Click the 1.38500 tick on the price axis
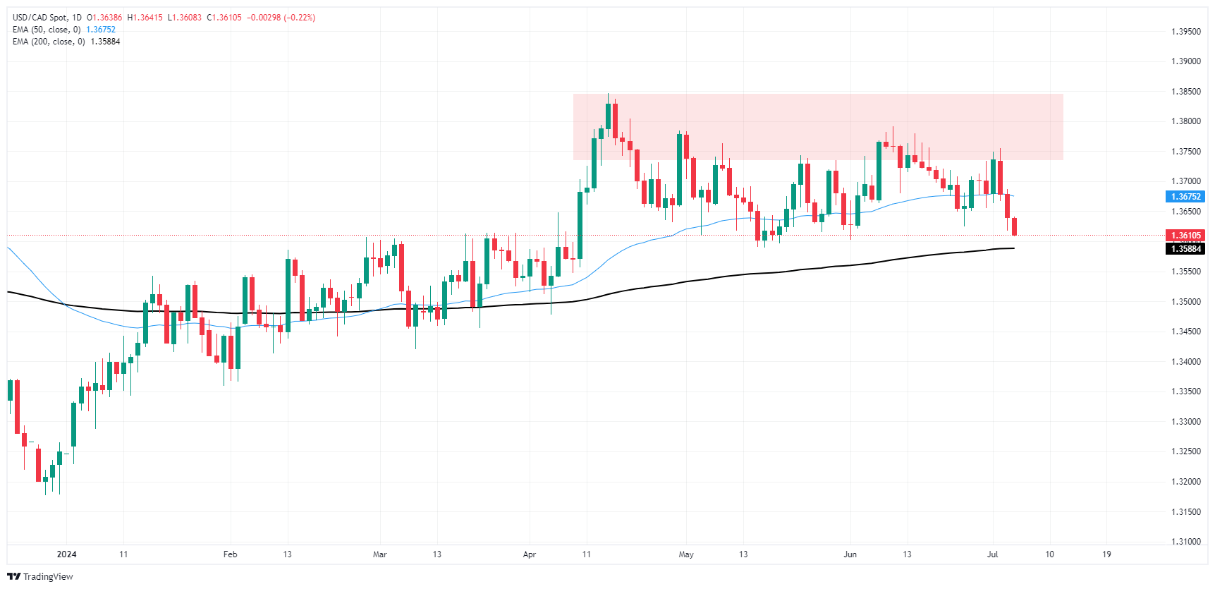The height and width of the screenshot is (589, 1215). tap(1185, 92)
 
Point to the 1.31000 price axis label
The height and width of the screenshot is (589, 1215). tap(1185, 542)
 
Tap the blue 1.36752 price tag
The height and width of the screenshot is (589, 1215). tap(1185, 197)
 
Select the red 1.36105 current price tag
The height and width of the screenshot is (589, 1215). tap(1185, 236)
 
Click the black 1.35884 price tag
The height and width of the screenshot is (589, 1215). tap(1185, 249)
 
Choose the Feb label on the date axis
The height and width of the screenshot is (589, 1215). tap(230, 554)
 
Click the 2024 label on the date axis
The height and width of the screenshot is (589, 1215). tap(66, 554)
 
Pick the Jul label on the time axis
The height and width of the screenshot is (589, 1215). tap(992, 554)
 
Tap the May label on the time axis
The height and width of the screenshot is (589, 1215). tap(686, 554)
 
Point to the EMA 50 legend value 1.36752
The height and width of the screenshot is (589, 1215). tap(101, 30)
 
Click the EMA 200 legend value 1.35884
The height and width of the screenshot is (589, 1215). tap(105, 42)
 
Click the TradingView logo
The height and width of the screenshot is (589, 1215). tap(40, 576)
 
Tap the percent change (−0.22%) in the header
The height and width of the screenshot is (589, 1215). tap(299, 18)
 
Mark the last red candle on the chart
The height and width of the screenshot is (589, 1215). tap(1014, 226)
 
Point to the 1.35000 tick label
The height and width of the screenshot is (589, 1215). tap(1185, 302)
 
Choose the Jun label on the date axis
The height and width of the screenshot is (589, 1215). tap(850, 554)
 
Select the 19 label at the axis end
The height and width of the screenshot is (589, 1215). tap(1106, 554)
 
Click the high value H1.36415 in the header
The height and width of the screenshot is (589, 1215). tap(145, 18)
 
